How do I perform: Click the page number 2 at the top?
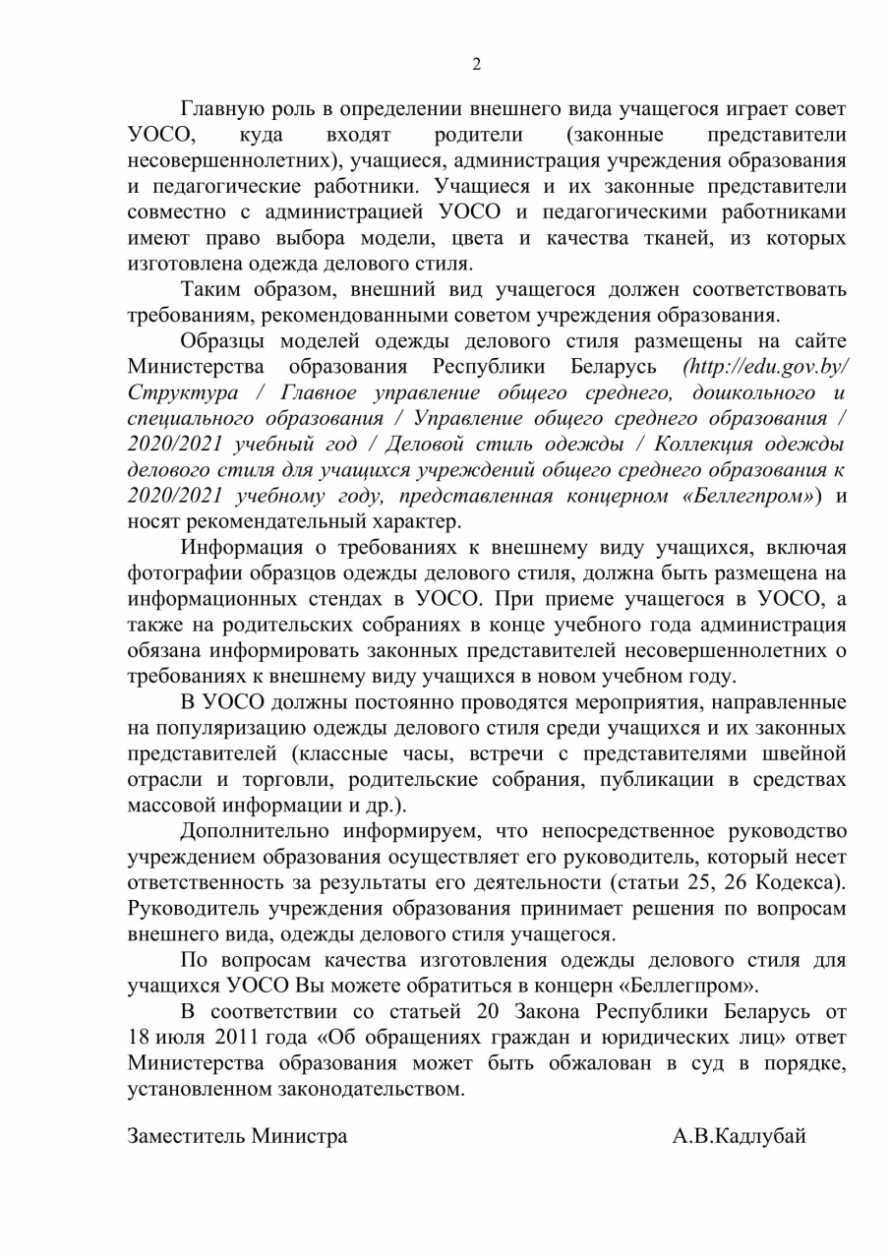(x=477, y=65)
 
